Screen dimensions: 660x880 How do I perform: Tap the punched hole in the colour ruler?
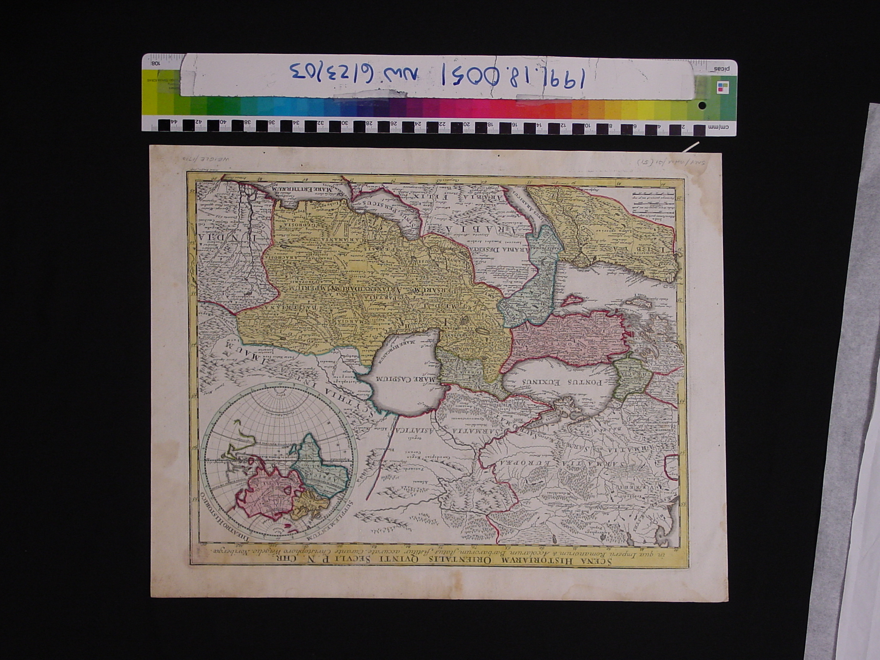(x=702, y=105)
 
